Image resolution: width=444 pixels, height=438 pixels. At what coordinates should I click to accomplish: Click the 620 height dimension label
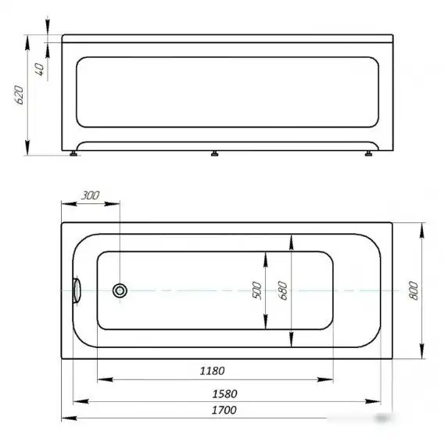tap(20, 95)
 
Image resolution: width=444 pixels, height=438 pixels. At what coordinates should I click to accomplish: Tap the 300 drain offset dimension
tap(90, 196)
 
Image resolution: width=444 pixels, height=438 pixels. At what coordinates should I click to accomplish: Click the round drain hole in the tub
tap(120, 291)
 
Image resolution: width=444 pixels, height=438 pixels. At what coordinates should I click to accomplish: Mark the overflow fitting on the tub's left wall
tap(77, 290)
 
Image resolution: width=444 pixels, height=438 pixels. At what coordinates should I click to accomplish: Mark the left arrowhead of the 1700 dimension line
tap(66, 419)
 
